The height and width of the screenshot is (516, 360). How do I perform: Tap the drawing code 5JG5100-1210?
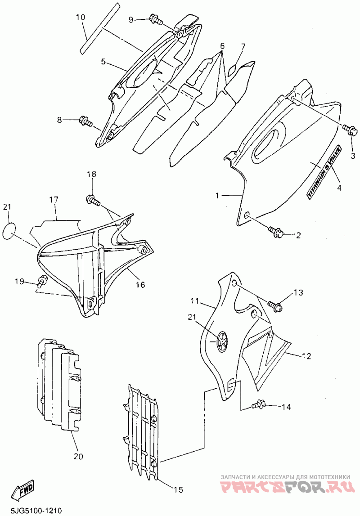(31, 511)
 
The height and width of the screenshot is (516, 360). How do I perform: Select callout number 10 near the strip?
(80, 18)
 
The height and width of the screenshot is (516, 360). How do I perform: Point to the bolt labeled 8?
(85, 121)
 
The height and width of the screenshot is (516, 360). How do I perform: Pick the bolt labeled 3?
(351, 130)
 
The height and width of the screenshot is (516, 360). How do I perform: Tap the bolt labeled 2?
(274, 232)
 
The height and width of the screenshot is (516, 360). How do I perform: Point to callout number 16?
(141, 284)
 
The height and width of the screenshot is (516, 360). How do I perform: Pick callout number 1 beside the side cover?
(217, 196)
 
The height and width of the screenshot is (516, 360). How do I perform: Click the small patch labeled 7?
(233, 70)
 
